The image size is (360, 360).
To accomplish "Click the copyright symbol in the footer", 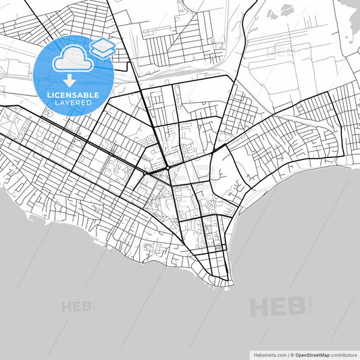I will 292,354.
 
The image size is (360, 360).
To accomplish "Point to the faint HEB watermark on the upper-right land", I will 280,51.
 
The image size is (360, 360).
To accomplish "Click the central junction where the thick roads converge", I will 166,168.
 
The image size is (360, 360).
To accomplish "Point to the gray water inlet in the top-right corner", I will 352,20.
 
